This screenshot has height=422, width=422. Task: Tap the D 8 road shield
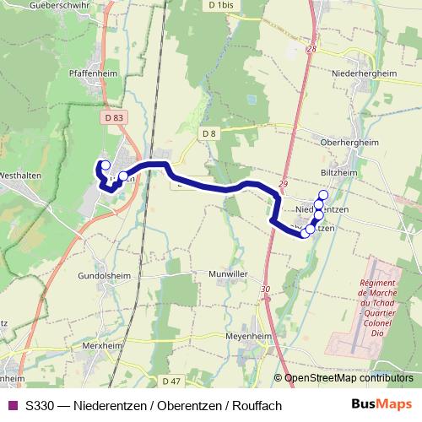209,133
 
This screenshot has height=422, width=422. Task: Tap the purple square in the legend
13,406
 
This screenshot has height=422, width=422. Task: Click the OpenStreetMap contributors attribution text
348,379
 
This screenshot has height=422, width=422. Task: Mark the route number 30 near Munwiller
266,289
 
